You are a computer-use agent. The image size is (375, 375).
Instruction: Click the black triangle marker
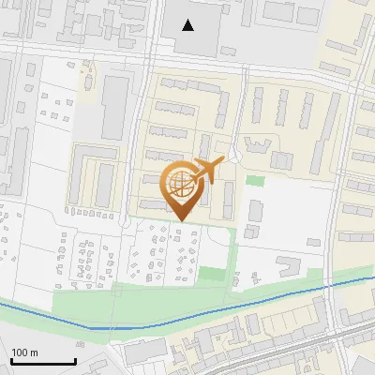(x=188, y=25)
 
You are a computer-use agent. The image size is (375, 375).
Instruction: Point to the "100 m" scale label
(x=24, y=352)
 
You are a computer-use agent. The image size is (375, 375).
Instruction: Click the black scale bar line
(x=42, y=361)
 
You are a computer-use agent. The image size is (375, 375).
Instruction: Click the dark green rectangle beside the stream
(x=213, y=276)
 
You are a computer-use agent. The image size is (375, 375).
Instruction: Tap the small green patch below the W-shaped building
(x=255, y=180)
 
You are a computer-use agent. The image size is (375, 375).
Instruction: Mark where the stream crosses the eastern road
(x=334, y=284)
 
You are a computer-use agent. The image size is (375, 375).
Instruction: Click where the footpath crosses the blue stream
(x=117, y=326)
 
